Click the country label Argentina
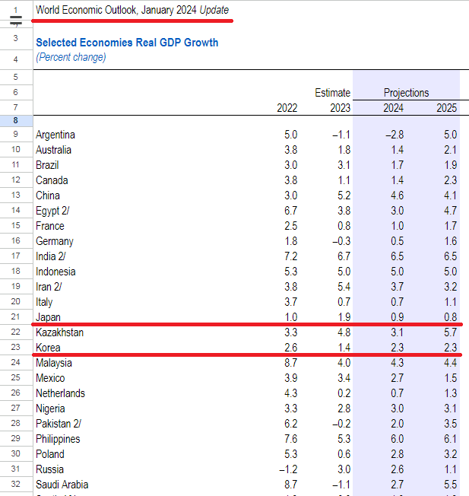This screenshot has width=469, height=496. click(55, 135)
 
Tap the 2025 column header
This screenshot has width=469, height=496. click(446, 108)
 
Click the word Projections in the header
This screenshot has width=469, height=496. click(406, 93)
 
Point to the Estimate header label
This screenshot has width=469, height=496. click(333, 93)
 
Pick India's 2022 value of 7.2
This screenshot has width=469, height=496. click(290, 256)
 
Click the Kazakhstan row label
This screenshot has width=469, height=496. click(59, 332)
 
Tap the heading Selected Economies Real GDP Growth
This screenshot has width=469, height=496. click(127, 43)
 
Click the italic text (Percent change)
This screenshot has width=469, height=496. click(71, 57)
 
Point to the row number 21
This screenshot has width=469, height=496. click(15, 317)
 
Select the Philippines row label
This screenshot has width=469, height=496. click(59, 439)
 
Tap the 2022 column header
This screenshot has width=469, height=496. click(287, 108)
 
